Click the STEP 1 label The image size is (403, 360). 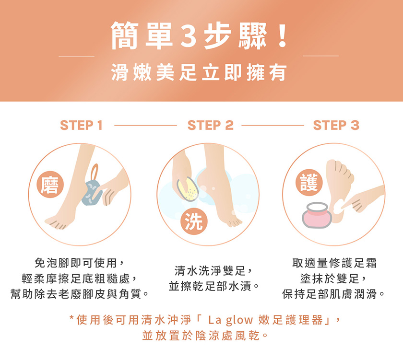click(81, 125)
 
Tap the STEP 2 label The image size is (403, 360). click(211, 125)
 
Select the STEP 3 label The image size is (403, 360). click(336, 125)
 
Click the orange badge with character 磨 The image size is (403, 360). click(50, 185)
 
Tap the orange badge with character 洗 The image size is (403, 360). click(194, 221)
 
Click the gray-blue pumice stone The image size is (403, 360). click(92, 193)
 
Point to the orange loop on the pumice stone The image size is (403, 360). click(95, 172)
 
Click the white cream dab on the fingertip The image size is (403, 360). click(339, 206)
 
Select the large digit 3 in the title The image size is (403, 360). click(188, 36)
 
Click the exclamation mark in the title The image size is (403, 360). click(283, 35)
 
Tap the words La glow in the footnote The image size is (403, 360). click(231, 320)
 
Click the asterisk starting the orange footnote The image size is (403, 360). click(72, 318)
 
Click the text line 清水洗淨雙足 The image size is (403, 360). click(210, 270)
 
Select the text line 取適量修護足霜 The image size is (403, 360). click(334, 263)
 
